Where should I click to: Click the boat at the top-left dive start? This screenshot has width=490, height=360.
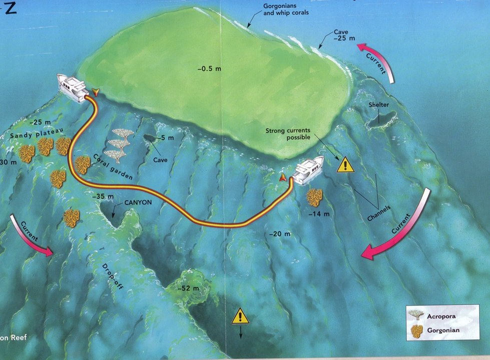[x=73, y=88]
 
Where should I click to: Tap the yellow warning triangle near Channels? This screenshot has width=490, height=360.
[x=345, y=165]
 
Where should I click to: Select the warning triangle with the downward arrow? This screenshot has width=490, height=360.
[x=241, y=316]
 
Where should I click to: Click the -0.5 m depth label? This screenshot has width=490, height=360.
[x=209, y=68]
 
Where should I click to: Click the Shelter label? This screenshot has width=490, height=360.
[x=379, y=104]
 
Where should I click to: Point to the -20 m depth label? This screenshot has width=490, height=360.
[x=279, y=233]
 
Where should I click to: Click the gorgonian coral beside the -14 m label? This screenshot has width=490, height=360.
[x=315, y=196]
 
